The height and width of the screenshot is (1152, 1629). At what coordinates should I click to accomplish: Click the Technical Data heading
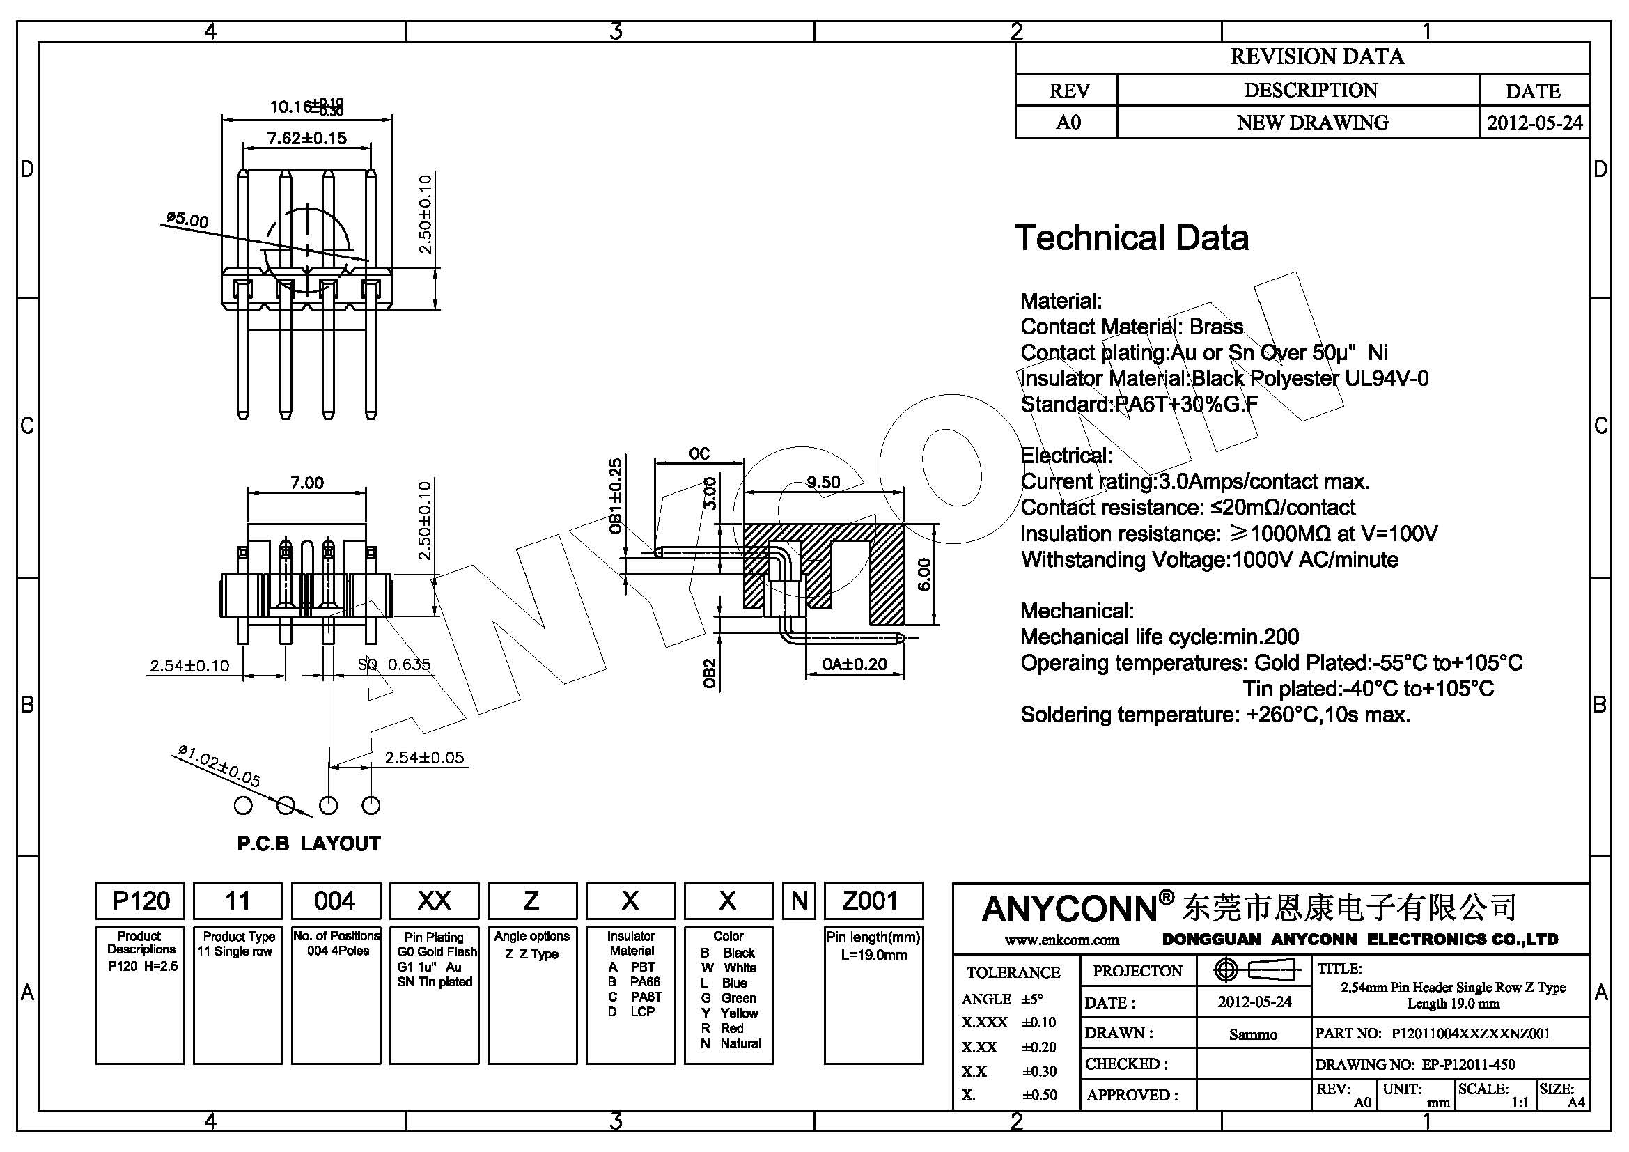[1131, 238]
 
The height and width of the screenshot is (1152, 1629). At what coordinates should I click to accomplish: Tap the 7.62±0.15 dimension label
[306, 139]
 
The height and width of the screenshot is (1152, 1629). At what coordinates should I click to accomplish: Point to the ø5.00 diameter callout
[187, 219]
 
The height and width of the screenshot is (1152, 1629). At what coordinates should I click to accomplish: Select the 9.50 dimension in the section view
[823, 483]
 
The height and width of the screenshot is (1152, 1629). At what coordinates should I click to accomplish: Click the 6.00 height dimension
[923, 575]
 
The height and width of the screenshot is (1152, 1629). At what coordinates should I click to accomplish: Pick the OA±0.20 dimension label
[855, 664]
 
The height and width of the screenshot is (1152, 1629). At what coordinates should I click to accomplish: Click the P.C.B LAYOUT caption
[309, 843]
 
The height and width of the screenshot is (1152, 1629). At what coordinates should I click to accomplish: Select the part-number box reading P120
[141, 901]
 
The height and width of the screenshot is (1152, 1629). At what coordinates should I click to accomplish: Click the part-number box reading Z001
[873, 901]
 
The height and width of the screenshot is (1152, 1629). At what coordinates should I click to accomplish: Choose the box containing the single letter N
[800, 901]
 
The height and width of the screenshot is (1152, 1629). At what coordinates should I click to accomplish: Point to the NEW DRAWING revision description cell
[1312, 123]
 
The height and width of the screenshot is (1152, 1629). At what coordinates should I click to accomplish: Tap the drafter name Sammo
[1253, 1035]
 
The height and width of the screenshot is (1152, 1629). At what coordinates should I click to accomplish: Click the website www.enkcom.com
[1061, 940]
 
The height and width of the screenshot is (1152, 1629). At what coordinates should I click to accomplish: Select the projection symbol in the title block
[1254, 970]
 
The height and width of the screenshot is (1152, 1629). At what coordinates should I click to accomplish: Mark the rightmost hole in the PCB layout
[371, 806]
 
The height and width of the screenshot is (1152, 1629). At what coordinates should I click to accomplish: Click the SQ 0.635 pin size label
[393, 664]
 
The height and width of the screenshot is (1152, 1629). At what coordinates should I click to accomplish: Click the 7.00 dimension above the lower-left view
[306, 483]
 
